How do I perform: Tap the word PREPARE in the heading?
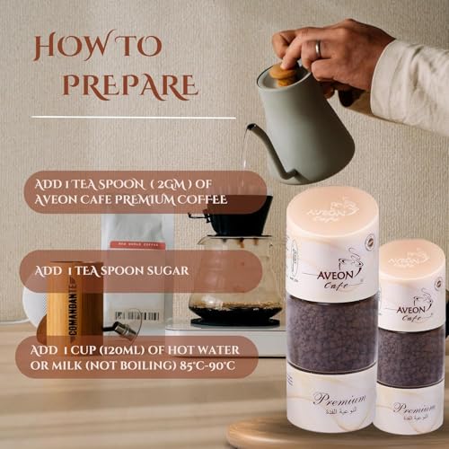click(x=131, y=85)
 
